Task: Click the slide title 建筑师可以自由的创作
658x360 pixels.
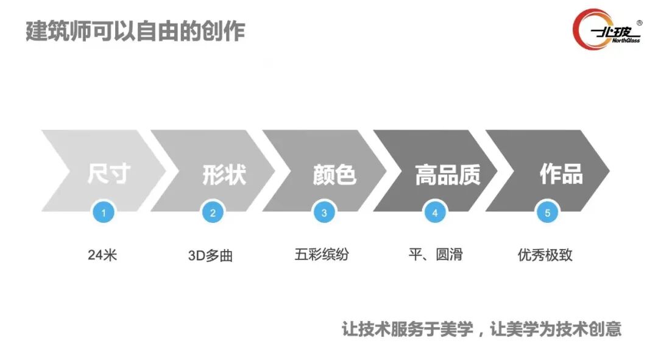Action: pyautogui.click(x=135, y=30)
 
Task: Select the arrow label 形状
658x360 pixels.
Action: pyautogui.click(x=224, y=174)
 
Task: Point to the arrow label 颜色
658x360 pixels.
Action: pyautogui.click(x=334, y=174)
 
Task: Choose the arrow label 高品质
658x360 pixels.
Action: pyautogui.click(x=448, y=174)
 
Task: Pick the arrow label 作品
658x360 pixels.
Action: pyautogui.click(x=561, y=174)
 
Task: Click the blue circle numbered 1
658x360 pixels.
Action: pyautogui.click(x=104, y=213)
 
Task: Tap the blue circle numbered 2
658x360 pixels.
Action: pyautogui.click(x=213, y=213)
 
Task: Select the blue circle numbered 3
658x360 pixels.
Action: pyautogui.click(x=324, y=213)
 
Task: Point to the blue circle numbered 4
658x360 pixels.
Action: pyautogui.click(x=435, y=213)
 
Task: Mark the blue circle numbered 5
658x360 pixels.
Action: pyautogui.click(x=547, y=213)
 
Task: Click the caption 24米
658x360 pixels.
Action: pyautogui.click(x=102, y=255)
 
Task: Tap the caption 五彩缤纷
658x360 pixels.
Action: pyautogui.click(x=322, y=255)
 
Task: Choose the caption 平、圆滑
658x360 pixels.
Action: pyautogui.click(x=435, y=255)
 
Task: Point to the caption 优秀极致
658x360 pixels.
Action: pyautogui.click(x=545, y=255)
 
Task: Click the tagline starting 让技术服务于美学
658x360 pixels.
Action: pyautogui.click(x=481, y=330)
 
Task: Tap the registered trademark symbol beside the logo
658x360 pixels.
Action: pyautogui.click(x=639, y=23)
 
